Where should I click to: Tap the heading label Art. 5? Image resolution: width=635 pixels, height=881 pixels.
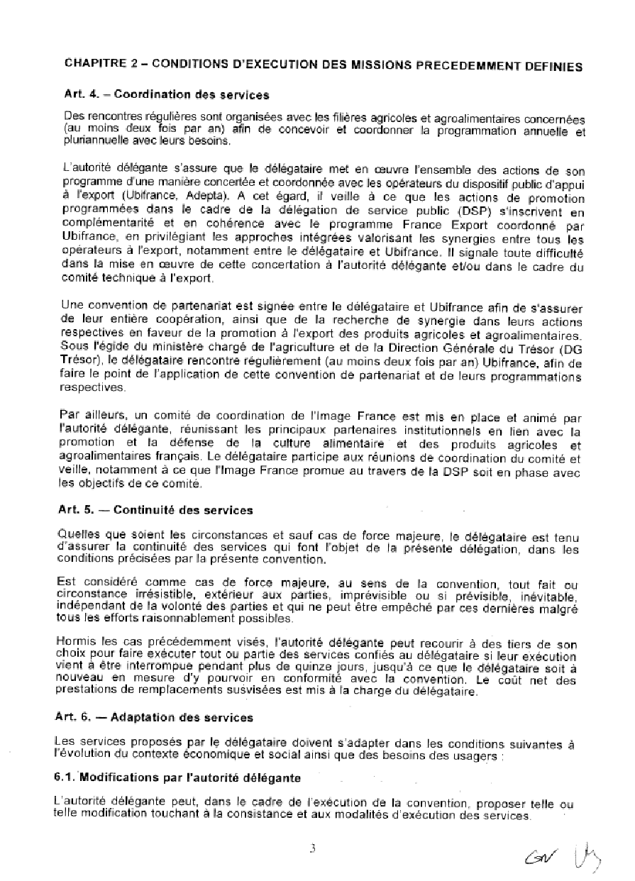(x=74, y=509)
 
